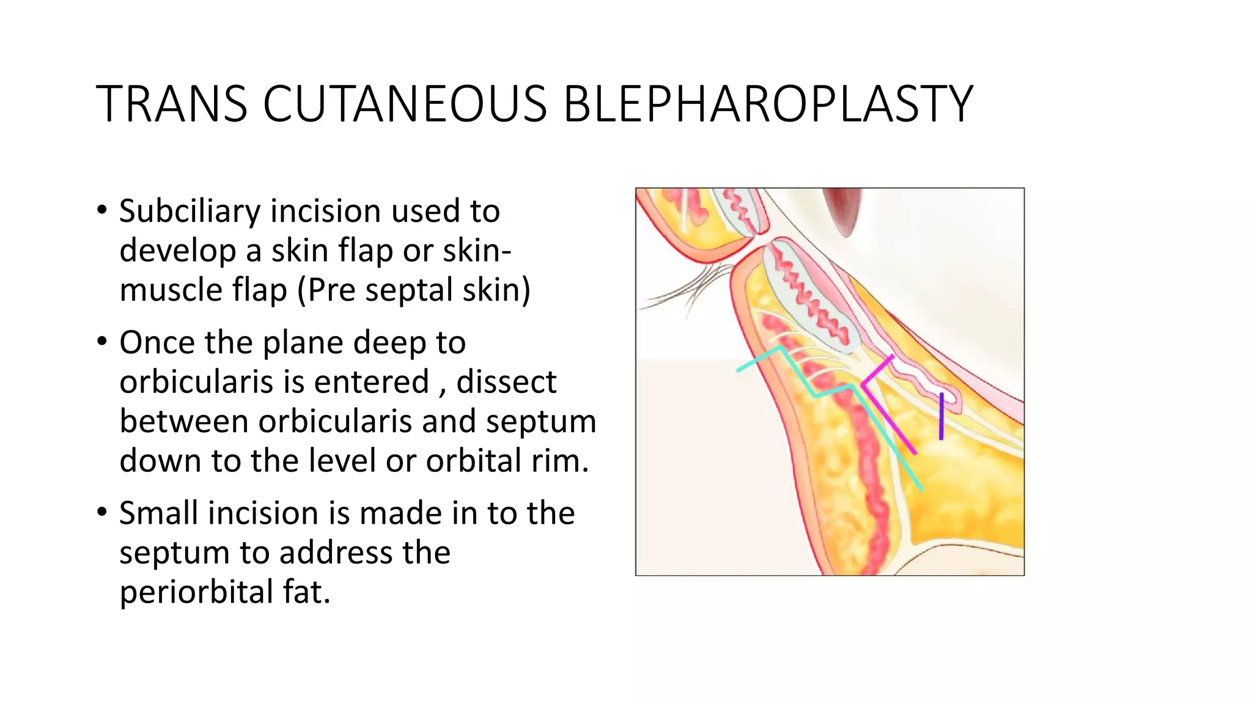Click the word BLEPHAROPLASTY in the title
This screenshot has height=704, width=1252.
(x=767, y=104)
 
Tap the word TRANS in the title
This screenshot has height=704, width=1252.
(x=172, y=104)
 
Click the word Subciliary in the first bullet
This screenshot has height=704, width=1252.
(x=190, y=211)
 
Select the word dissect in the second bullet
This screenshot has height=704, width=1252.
(x=506, y=382)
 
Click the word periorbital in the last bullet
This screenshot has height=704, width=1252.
(x=195, y=592)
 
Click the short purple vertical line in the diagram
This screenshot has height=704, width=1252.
(x=941, y=417)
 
